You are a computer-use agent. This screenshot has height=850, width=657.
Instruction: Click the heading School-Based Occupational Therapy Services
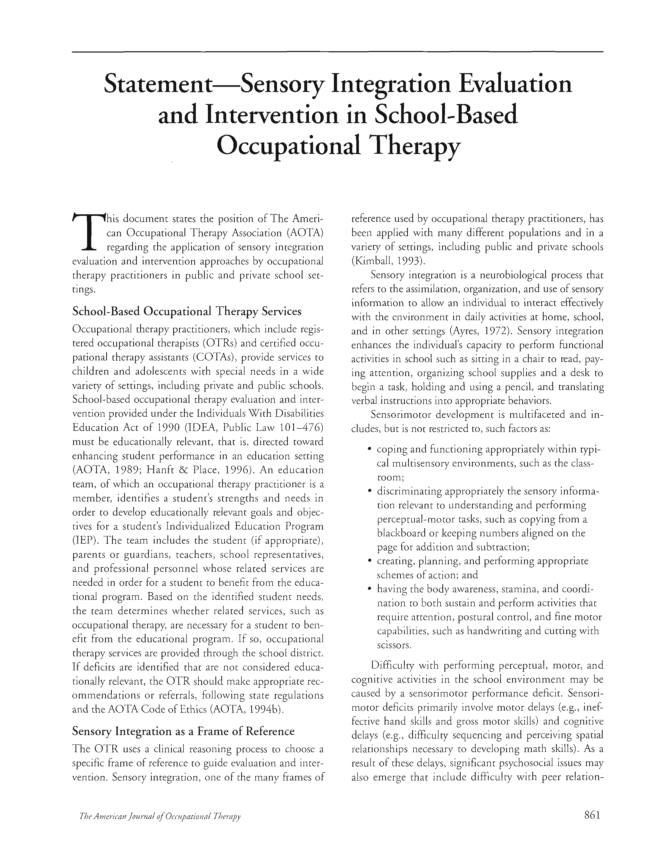[x=187, y=311]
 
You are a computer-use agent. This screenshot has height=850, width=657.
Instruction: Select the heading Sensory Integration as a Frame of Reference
[x=183, y=731]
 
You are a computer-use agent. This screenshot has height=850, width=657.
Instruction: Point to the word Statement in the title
[x=156, y=84]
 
